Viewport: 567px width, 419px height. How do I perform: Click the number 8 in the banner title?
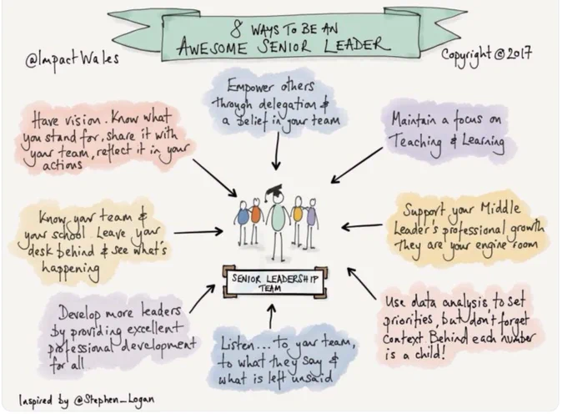pyautogui.click(x=237, y=29)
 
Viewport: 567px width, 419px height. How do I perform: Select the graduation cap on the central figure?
pyautogui.click(x=273, y=191)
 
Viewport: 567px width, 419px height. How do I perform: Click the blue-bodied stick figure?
pyautogui.click(x=242, y=224)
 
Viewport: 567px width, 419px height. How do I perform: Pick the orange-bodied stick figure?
pyautogui.click(x=255, y=220)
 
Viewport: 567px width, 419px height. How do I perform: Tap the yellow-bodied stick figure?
pyautogui.click(x=297, y=221)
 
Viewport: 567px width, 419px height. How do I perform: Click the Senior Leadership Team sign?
pyautogui.click(x=275, y=283)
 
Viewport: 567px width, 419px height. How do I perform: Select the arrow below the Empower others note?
pyautogui.click(x=277, y=151)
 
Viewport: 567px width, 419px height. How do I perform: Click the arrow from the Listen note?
pyautogui.click(x=272, y=316)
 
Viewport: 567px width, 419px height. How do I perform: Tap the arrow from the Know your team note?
pyautogui.click(x=198, y=231)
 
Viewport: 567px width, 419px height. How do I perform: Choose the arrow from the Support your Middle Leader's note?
pyautogui.click(x=362, y=226)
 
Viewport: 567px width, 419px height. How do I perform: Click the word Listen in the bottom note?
pyautogui.click(x=238, y=343)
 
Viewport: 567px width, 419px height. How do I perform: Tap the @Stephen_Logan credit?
pyautogui.click(x=113, y=400)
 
